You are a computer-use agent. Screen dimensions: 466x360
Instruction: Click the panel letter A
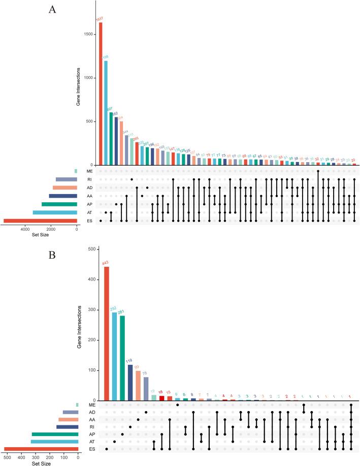52,10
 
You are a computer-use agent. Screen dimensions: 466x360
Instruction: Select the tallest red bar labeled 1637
101,94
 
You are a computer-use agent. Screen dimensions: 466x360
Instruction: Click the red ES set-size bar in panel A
40,221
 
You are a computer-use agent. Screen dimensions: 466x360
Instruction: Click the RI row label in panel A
89,179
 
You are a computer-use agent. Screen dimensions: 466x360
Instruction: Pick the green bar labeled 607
111,139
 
